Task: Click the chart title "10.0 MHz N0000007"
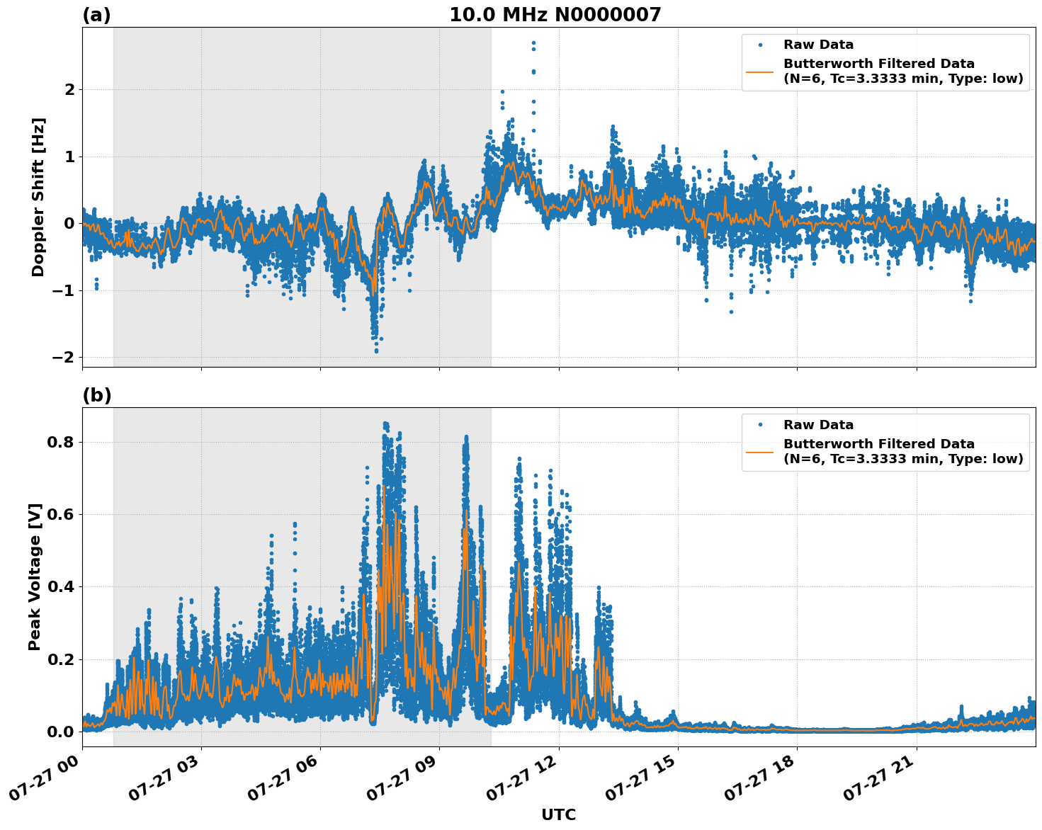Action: (x=555, y=15)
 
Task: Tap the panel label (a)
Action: (x=96, y=15)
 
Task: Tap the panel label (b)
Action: (x=96, y=395)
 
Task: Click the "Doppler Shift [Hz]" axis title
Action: (x=38, y=197)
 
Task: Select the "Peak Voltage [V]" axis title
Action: (x=35, y=576)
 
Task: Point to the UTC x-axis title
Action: (x=558, y=814)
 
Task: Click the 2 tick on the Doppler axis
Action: (x=69, y=89)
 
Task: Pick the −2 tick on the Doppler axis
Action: (x=63, y=357)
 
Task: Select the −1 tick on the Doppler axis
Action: (x=63, y=290)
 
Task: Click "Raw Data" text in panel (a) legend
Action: (x=818, y=45)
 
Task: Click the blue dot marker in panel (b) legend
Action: (x=759, y=425)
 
